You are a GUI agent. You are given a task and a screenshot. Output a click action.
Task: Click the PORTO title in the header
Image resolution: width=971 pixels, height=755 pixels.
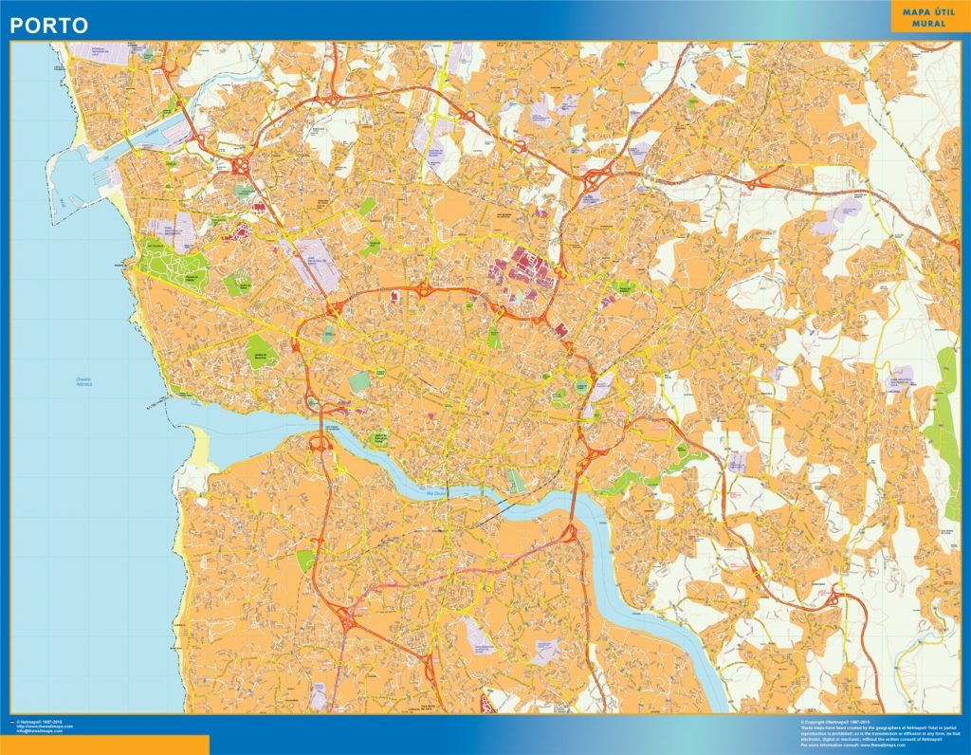point(49,25)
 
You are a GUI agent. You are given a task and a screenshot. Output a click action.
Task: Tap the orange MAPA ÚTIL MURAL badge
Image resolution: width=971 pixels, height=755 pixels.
point(926,17)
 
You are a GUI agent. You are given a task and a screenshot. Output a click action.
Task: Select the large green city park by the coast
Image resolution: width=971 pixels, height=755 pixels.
point(175,266)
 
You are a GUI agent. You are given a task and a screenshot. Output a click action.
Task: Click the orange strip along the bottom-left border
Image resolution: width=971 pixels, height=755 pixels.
point(104,746)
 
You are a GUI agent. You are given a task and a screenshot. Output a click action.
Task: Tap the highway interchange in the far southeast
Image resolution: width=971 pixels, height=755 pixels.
point(833,598)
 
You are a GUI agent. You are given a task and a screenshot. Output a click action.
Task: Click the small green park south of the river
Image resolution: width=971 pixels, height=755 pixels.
point(305,561)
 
